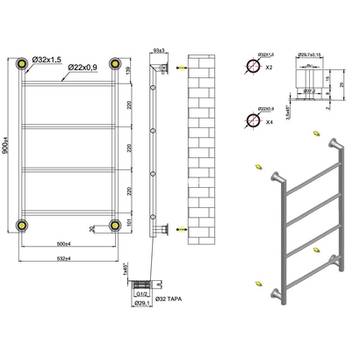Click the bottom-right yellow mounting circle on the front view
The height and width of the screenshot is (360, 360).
[114, 225]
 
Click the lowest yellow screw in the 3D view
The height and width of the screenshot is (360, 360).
[257, 284]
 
